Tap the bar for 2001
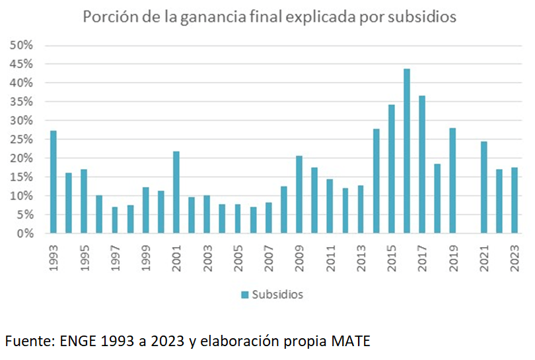[176, 192]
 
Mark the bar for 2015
[392, 168]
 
